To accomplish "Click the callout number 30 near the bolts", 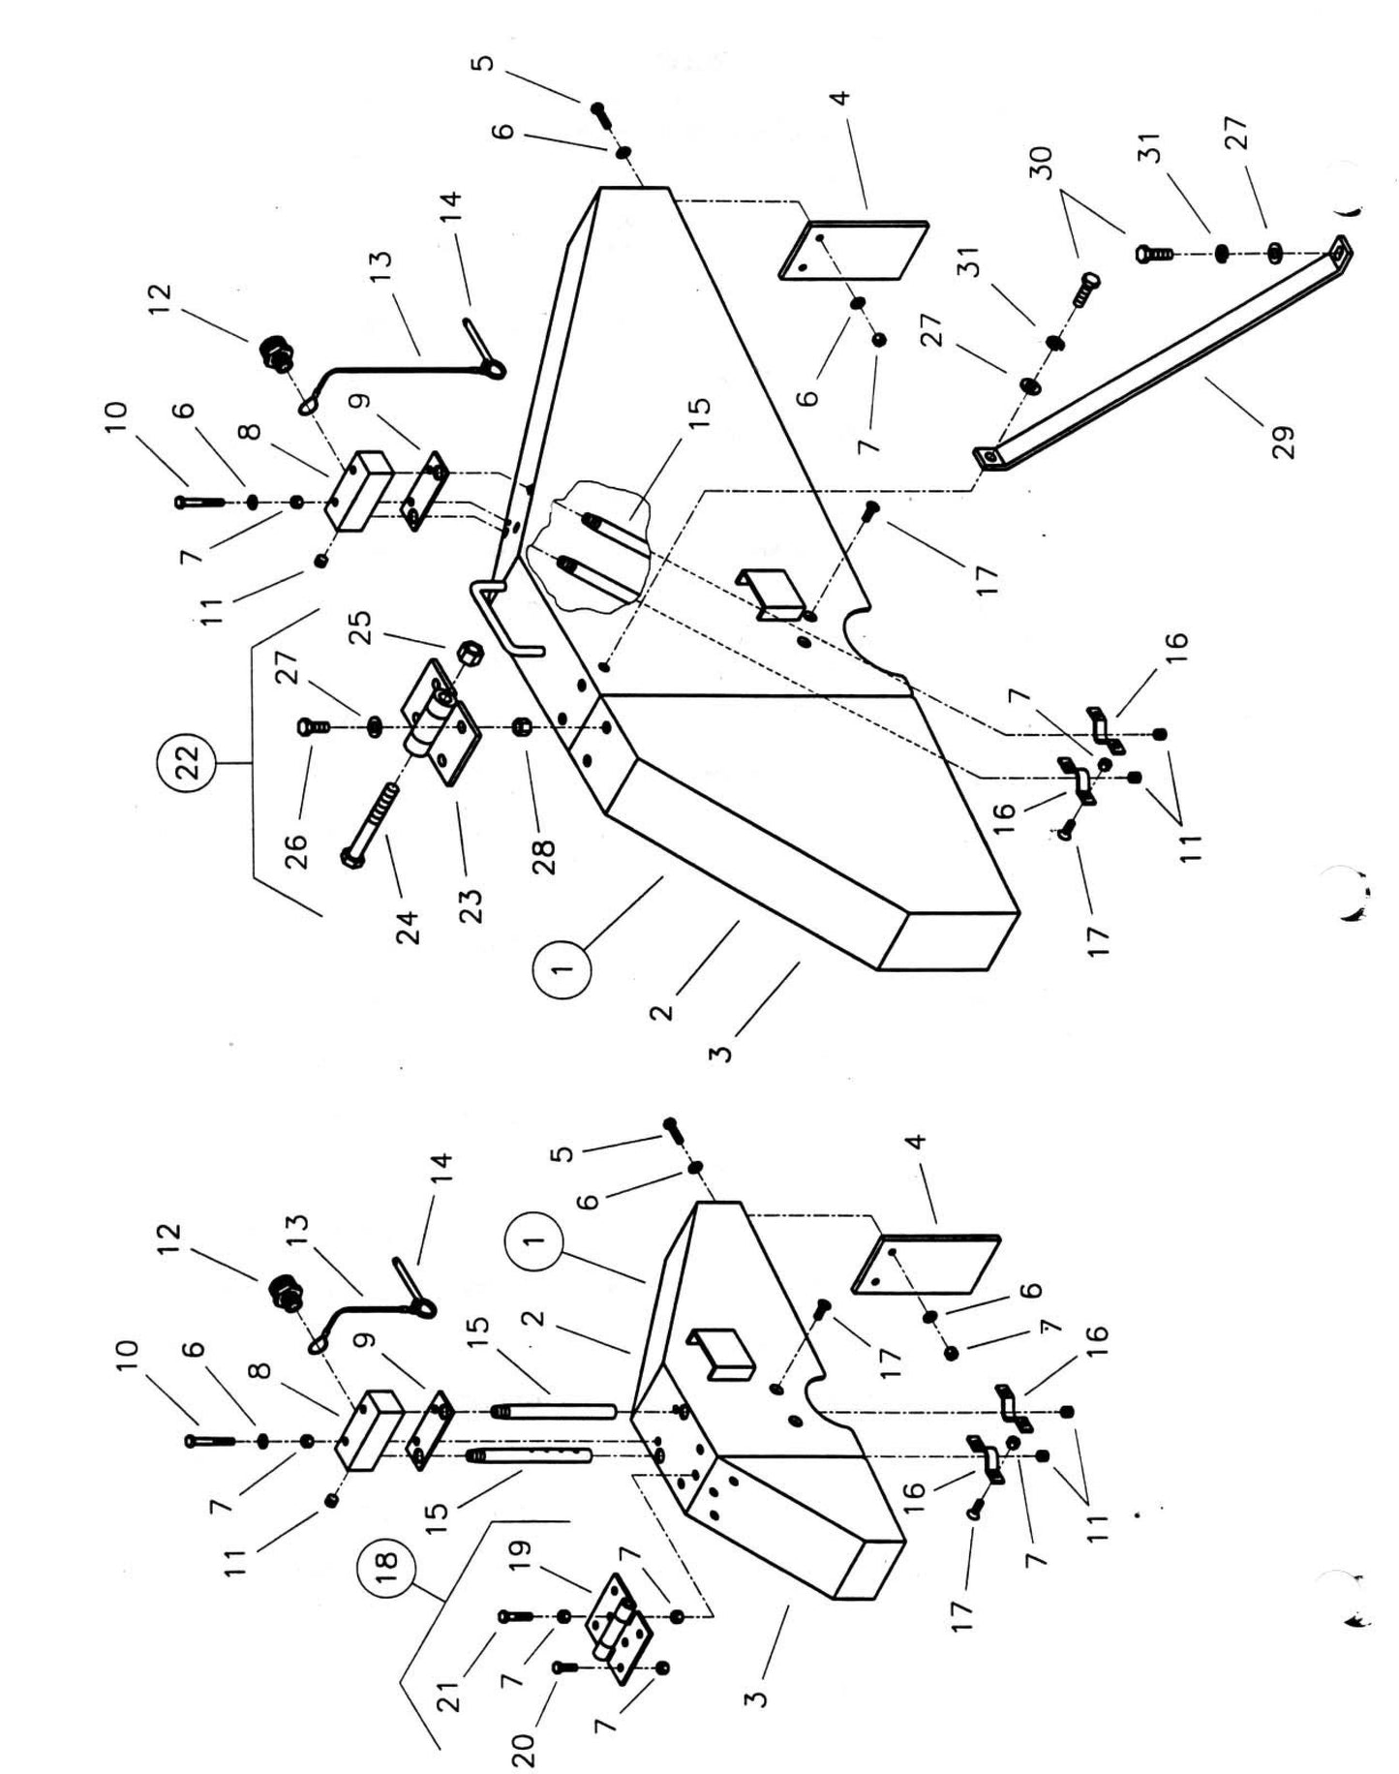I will (1042, 163).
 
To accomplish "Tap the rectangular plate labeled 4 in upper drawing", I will (852, 250).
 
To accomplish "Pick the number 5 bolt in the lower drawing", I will (672, 1127).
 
